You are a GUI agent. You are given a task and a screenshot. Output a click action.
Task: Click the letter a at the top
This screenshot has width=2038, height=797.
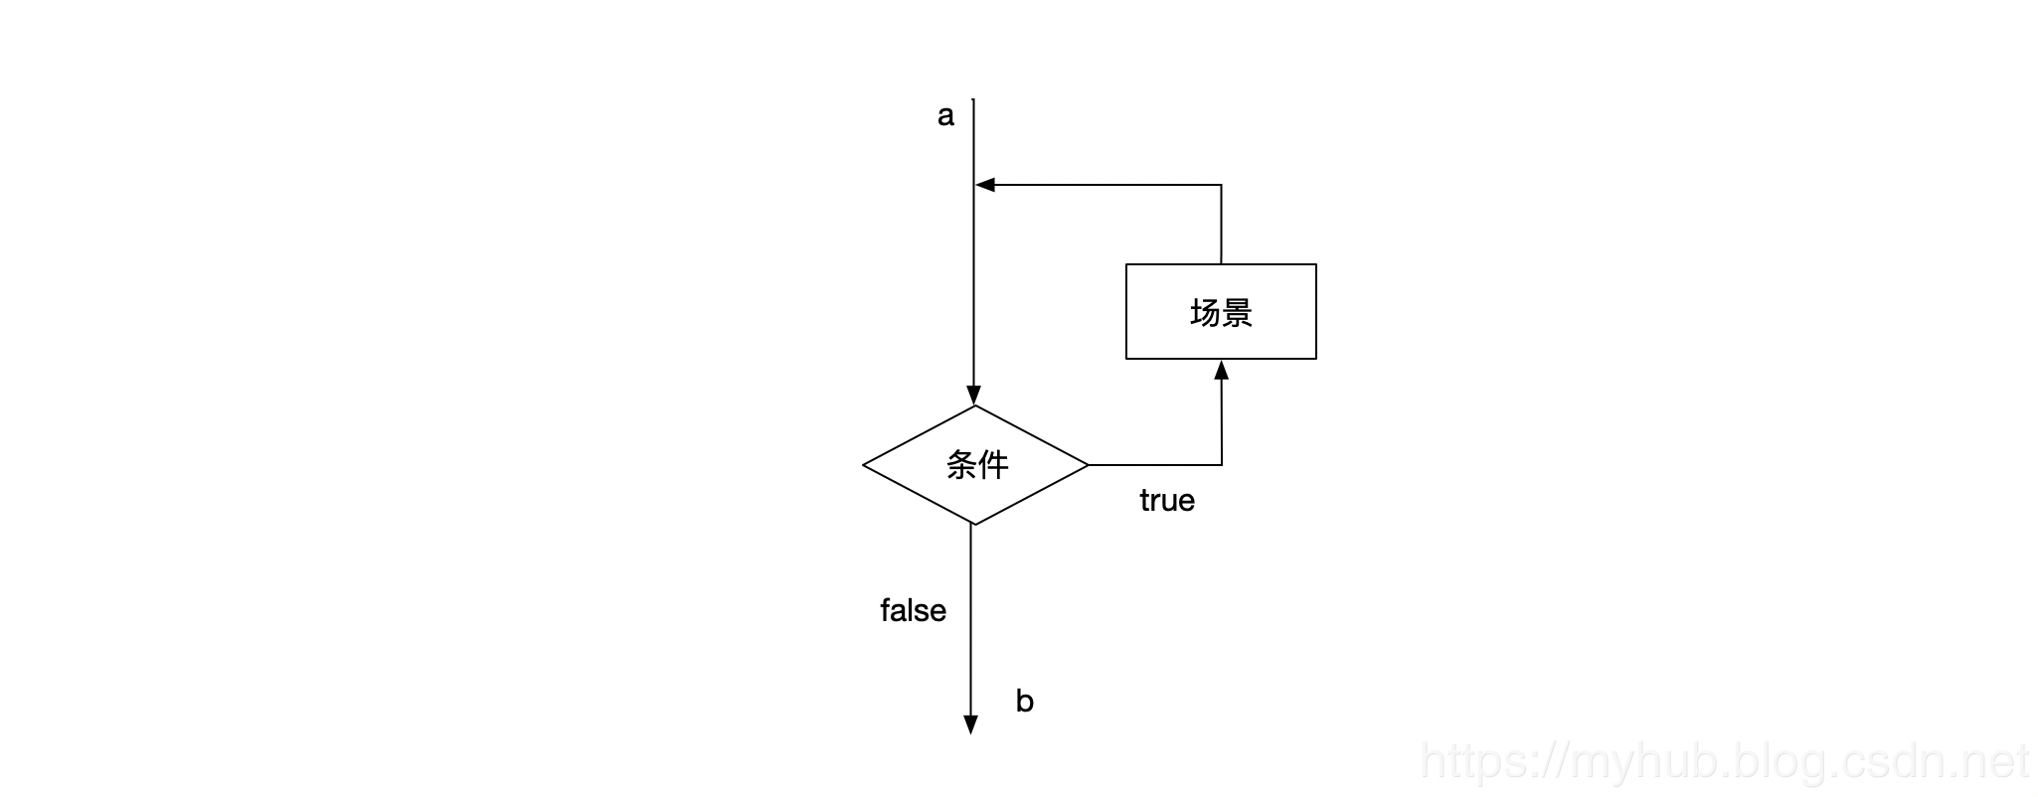945,116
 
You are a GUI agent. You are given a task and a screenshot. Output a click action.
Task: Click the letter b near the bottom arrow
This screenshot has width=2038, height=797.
1024,702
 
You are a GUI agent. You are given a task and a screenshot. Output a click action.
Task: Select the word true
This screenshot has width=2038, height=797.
1166,500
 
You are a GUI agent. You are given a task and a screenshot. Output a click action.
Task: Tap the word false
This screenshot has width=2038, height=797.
913,610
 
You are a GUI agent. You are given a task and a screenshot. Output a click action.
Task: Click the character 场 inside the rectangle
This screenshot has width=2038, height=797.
1205,313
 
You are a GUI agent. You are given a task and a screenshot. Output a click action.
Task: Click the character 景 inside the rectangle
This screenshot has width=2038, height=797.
1237,313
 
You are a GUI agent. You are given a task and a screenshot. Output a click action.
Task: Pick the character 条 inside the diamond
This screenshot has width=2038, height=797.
961,464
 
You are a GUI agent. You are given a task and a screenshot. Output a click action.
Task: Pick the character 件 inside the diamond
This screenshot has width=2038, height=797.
993,464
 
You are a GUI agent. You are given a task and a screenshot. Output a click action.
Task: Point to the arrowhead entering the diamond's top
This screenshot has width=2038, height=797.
974,395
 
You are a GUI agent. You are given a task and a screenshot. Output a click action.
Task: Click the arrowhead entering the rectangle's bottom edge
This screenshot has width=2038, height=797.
1221,371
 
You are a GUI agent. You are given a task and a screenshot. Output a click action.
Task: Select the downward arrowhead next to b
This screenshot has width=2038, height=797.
971,724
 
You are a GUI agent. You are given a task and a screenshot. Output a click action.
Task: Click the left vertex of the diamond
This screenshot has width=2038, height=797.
864,464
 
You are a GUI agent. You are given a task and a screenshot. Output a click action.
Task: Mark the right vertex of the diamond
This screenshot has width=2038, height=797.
1088,464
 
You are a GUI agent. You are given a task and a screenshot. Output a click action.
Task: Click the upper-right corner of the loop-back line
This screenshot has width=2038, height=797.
1221,185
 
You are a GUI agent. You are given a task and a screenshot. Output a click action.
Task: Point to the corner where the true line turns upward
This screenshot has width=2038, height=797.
1221,464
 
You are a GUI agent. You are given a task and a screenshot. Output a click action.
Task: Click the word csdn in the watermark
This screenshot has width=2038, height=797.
1888,762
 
